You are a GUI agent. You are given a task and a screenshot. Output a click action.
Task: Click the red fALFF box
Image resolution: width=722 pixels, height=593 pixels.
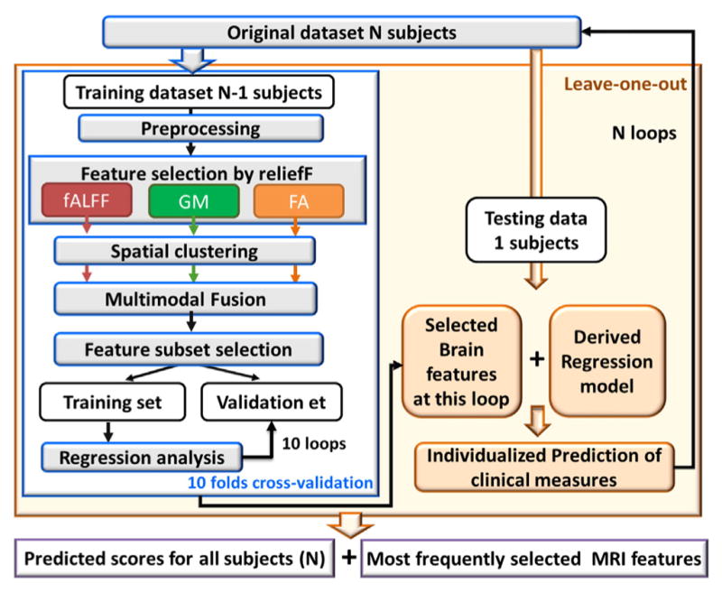(87, 200)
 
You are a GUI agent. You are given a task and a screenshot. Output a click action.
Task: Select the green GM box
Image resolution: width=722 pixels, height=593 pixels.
(194, 200)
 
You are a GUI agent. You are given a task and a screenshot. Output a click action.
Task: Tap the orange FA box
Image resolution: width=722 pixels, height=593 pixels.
(299, 200)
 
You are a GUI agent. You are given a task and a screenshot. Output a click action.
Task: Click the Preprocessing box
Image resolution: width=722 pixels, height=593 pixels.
(200, 128)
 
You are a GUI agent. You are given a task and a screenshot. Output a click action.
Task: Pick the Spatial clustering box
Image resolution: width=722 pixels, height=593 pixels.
(185, 251)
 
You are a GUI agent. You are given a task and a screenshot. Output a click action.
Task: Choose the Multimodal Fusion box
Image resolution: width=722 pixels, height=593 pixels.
(186, 299)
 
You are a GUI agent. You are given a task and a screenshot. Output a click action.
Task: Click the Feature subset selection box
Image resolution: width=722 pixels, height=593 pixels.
(189, 349)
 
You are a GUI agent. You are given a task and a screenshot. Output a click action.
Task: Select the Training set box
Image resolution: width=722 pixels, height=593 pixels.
(112, 402)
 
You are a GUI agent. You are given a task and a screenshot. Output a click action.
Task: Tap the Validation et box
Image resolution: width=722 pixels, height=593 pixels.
(272, 402)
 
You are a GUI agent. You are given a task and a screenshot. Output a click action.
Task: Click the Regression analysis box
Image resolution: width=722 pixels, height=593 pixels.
(142, 458)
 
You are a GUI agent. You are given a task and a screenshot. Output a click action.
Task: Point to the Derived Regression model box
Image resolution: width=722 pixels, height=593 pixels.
(607, 361)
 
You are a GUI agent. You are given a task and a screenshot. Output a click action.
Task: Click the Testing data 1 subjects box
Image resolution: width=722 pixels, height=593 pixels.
(536, 230)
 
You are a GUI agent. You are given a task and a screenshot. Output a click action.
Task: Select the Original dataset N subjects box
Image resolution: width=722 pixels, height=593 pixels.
(342, 32)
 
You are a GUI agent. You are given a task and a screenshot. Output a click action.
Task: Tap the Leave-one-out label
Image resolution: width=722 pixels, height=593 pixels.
(625, 84)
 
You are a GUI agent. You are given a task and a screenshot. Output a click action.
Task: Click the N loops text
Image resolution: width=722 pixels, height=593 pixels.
(644, 133)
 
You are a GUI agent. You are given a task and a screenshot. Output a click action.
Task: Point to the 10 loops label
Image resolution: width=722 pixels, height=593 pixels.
(313, 443)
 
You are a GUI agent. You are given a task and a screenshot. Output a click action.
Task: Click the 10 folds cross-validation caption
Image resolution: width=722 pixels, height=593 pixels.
(280, 483)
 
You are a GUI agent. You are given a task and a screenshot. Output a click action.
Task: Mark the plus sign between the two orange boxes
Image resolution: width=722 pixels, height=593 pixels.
(536, 358)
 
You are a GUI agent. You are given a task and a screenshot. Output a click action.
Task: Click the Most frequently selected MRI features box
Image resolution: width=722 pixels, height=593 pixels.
(534, 559)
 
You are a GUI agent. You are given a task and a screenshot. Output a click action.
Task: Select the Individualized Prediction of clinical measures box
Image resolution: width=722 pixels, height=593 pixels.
(544, 468)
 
